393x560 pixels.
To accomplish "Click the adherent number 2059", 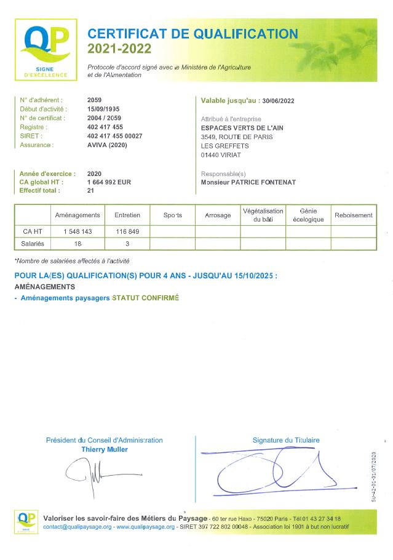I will click(95, 99).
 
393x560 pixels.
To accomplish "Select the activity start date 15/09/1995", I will click(103, 108).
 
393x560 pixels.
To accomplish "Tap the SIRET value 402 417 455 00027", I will click(115, 135).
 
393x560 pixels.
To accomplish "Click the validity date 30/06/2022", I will click(277, 100).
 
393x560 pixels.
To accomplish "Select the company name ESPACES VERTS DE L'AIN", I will click(243, 127).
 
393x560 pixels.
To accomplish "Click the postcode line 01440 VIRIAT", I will click(221, 155).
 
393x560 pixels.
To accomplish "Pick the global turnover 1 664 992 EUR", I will click(109, 182).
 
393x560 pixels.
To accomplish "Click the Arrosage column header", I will click(218, 215).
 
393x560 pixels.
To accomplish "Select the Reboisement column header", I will click(353, 215).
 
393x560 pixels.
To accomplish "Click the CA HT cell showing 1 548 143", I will click(77, 231).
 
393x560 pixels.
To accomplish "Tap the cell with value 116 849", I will click(127, 231).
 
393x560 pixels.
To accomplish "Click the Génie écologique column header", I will click(308, 215).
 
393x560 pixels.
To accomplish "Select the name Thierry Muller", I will click(105, 449).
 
